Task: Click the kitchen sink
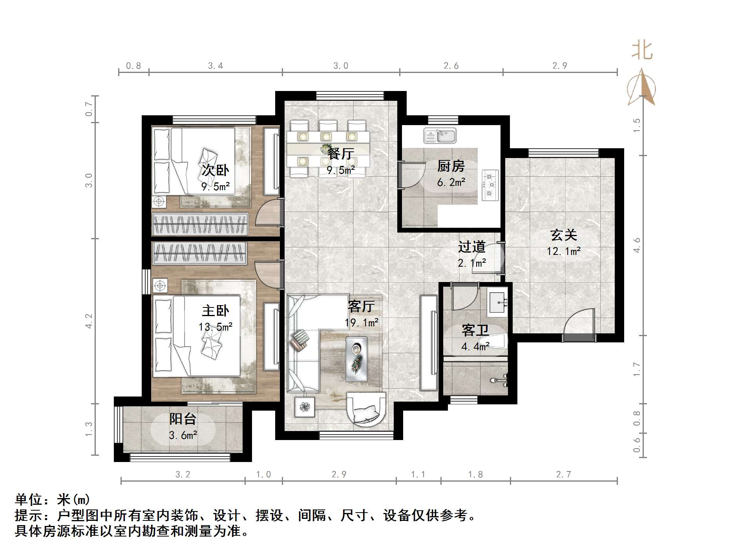click(440, 136)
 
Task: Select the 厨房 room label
click(451, 166)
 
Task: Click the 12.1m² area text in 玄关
click(564, 251)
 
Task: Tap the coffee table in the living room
click(357, 358)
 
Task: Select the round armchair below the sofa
click(365, 410)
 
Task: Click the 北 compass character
click(642, 51)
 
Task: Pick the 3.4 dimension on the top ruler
click(216, 66)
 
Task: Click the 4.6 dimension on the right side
click(637, 245)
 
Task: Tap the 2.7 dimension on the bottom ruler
click(563, 475)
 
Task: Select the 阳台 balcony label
click(183, 419)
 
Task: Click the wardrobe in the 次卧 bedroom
click(200, 224)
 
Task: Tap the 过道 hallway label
click(472, 247)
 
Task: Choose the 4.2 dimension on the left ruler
click(89, 320)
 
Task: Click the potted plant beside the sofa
click(305, 407)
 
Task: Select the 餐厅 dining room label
click(340, 154)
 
